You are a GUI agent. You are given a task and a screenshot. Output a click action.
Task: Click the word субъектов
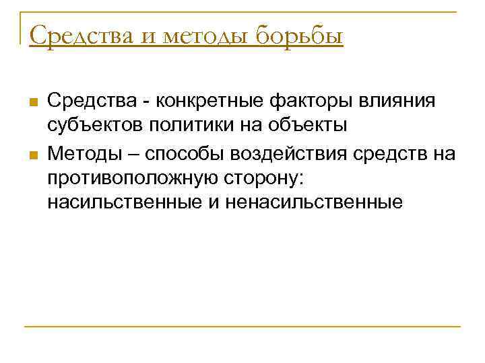point(90,126)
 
